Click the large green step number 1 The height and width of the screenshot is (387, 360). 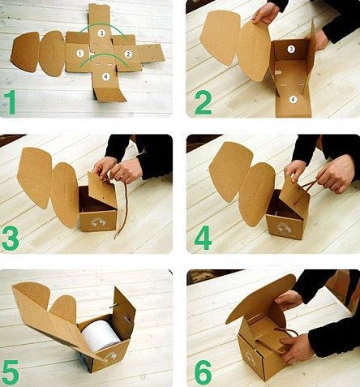(x=10, y=102)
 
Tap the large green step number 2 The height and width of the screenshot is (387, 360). (x=204, y=102)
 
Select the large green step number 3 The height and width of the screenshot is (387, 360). (x=11, y=239)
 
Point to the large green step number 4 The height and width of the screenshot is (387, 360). (x=203, y=238)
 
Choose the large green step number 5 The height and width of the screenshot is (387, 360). (x=11, y=372)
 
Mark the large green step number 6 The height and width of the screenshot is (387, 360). (x=203, y=372)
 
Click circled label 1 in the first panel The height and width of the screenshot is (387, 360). (x=80, y=54)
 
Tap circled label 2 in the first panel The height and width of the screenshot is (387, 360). (x=128, y=54)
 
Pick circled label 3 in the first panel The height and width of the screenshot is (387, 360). (x=101, y=33)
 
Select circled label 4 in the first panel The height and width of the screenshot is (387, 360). (x=105, y=77)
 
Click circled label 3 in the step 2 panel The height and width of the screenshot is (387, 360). (x=291, y=49)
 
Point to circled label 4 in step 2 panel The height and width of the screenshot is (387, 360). (x=293, y=100)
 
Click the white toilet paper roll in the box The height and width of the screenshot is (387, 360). (x=101, y=335)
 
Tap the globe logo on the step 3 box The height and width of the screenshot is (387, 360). (x=96, y=222)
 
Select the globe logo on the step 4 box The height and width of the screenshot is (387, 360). (x=285, y=228)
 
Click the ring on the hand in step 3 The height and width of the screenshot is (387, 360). (x=122, y=177)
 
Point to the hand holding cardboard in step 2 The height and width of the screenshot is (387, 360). (x=265, y=14)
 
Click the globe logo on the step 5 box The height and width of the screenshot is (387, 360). (x=111, y=357)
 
